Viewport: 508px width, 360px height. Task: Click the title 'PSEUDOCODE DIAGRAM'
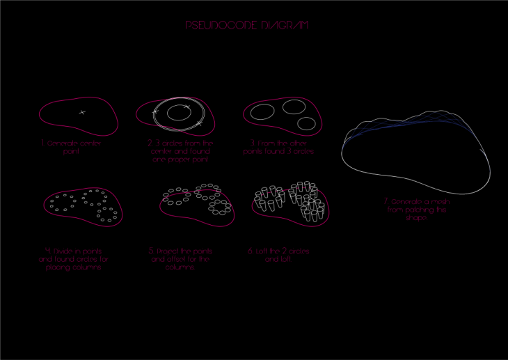point(247,25)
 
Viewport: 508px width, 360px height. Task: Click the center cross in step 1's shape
point(82,112)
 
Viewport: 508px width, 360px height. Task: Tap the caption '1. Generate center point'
point(71,146)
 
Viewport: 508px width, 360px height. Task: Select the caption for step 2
point(180,150)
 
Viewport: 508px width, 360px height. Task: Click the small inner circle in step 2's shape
point(179,114)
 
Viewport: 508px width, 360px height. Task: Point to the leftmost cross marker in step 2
point(155,111)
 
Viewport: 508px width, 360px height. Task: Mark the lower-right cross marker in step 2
point(199,123)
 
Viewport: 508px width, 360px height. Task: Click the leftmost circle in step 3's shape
point(262,111)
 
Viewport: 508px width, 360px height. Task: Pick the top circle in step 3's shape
point(294,107)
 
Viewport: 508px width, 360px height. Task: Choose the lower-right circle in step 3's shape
point(306,124)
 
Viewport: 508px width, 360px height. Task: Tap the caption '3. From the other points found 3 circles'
point(279,147)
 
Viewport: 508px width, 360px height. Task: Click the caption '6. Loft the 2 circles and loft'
point(278,255)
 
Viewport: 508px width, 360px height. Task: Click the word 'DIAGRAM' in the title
point(285,25)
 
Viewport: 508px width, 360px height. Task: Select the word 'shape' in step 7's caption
point(415,217)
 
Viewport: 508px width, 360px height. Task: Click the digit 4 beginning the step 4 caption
point(47,250)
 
